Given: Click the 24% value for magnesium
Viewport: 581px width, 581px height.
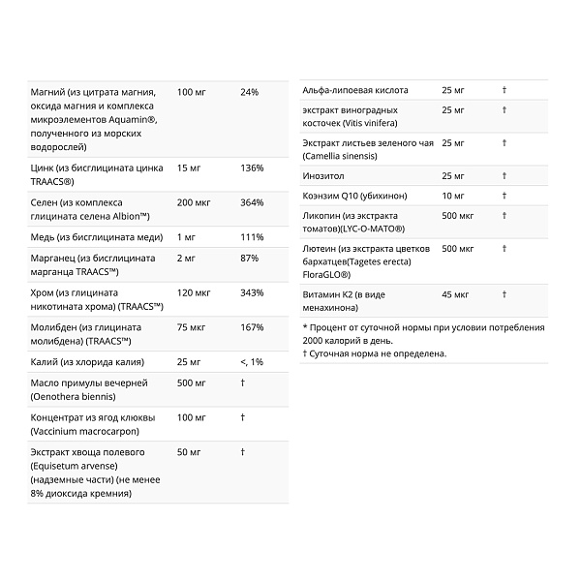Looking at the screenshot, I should tap(250, 91).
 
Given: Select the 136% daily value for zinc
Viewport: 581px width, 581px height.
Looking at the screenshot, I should tap(252, 168).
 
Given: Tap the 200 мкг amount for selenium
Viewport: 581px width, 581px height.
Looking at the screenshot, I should tap(195, 202).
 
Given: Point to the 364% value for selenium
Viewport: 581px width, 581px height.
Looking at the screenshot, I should tap(252, 202).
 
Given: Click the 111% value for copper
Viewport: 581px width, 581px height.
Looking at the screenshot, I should tap(251, 237).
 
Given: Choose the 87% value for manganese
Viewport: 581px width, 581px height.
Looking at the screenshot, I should tap(250, 259).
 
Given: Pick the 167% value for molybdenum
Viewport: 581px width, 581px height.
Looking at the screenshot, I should tap(252, 327).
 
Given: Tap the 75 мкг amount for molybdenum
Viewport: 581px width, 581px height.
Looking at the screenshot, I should tap(192, 327).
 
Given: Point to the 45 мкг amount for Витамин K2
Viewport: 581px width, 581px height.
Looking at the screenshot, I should tap(455, 293).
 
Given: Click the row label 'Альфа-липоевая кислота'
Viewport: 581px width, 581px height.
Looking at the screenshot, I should tap(355, 90).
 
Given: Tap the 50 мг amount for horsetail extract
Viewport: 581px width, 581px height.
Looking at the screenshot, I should tap(190, 452).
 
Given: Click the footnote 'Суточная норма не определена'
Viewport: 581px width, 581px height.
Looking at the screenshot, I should tap(378, 353).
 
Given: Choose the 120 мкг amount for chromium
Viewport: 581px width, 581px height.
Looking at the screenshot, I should tap(195, 292).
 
